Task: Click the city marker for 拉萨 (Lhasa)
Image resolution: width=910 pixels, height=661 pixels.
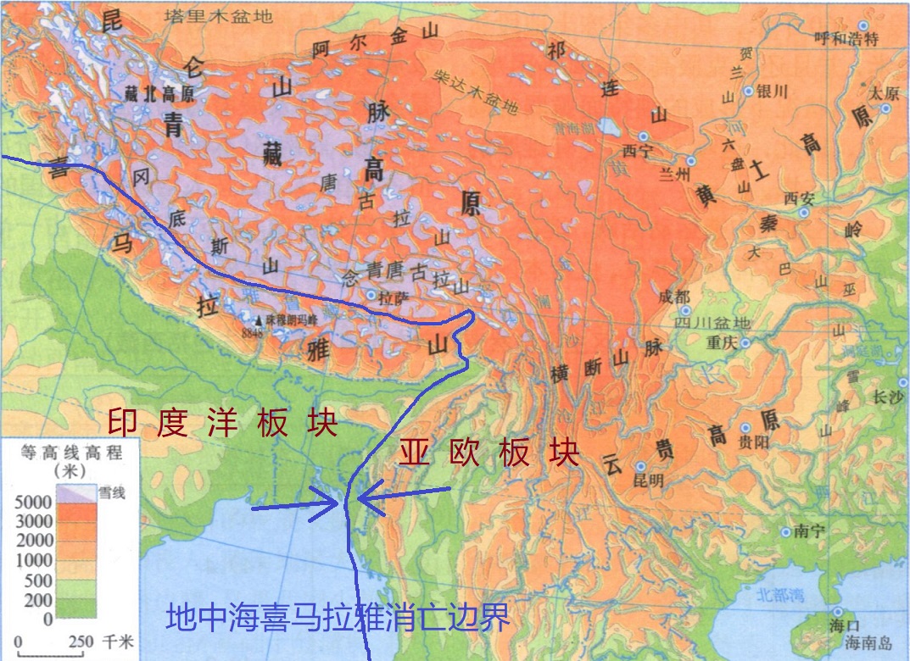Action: coord(371,295)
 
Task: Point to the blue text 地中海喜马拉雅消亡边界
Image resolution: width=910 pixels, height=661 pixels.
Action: coord(338,617)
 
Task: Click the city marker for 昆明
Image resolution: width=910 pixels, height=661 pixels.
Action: coord(641,467)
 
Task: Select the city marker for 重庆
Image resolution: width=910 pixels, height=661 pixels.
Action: coord(745,343)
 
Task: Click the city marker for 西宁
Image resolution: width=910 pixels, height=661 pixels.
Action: coord(644,136)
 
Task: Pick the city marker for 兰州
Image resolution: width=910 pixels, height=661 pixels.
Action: coord(691,160)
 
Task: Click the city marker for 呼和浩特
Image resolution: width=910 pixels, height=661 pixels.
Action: coord(863,25)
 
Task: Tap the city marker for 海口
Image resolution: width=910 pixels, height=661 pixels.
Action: coord(838,612)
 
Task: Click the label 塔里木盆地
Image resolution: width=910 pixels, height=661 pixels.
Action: coord(219,15)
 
